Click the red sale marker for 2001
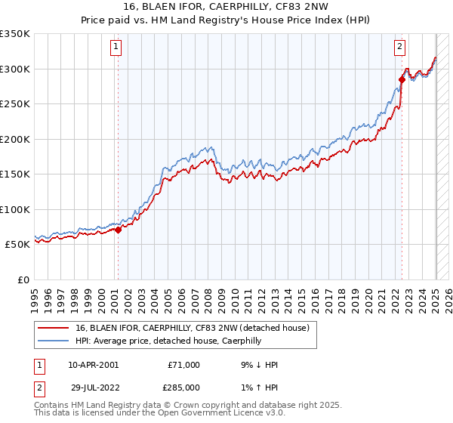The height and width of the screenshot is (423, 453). click(118, 230)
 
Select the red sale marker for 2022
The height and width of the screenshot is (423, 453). click(402, 79)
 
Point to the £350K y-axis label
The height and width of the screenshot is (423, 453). click(15, 34)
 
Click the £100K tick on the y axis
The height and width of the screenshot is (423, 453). click(15, 210)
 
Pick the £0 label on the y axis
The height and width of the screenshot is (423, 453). click(24, 280)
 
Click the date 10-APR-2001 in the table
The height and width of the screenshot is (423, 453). click(93, 365)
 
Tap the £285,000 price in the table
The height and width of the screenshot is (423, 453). click(183, 387)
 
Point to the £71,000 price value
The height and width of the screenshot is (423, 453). click(183, 365)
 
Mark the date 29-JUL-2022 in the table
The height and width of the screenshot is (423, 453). click(93, 387)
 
